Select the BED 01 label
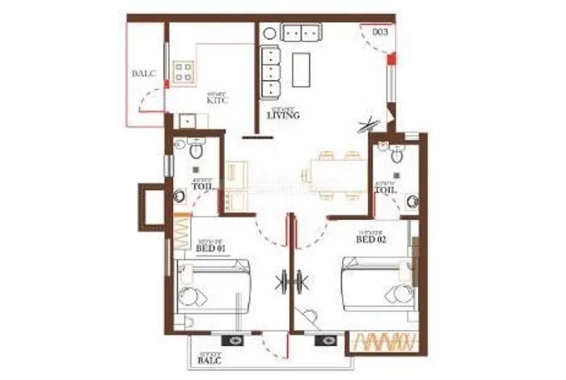[209, 249]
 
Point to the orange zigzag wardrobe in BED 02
[385, 342]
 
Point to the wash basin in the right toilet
[412, 201]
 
